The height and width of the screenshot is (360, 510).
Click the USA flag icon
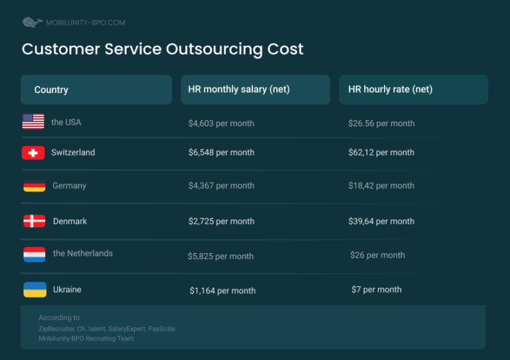point(33,122)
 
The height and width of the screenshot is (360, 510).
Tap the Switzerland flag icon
point(33,153)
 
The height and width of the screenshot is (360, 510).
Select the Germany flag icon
point(34,186)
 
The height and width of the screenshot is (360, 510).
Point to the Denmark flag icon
point(34,221)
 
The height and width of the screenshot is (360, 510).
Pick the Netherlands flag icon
point(34,254)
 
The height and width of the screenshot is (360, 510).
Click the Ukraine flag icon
point(35,290)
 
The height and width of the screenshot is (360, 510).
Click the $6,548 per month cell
point(221,152)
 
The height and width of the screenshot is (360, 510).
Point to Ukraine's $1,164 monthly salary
point(222,290)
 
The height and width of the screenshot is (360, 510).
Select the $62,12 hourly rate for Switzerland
point(381,152)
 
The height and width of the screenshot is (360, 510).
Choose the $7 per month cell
point(377,290)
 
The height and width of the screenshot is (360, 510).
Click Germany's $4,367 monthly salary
point(221,186)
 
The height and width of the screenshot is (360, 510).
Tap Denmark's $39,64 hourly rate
point(381,221)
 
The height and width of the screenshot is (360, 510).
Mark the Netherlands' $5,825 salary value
point(220,256)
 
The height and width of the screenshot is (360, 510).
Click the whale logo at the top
point(32,23)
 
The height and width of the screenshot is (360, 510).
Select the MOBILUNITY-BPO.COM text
point(85,23)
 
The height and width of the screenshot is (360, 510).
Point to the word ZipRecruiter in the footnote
point(55,328)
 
